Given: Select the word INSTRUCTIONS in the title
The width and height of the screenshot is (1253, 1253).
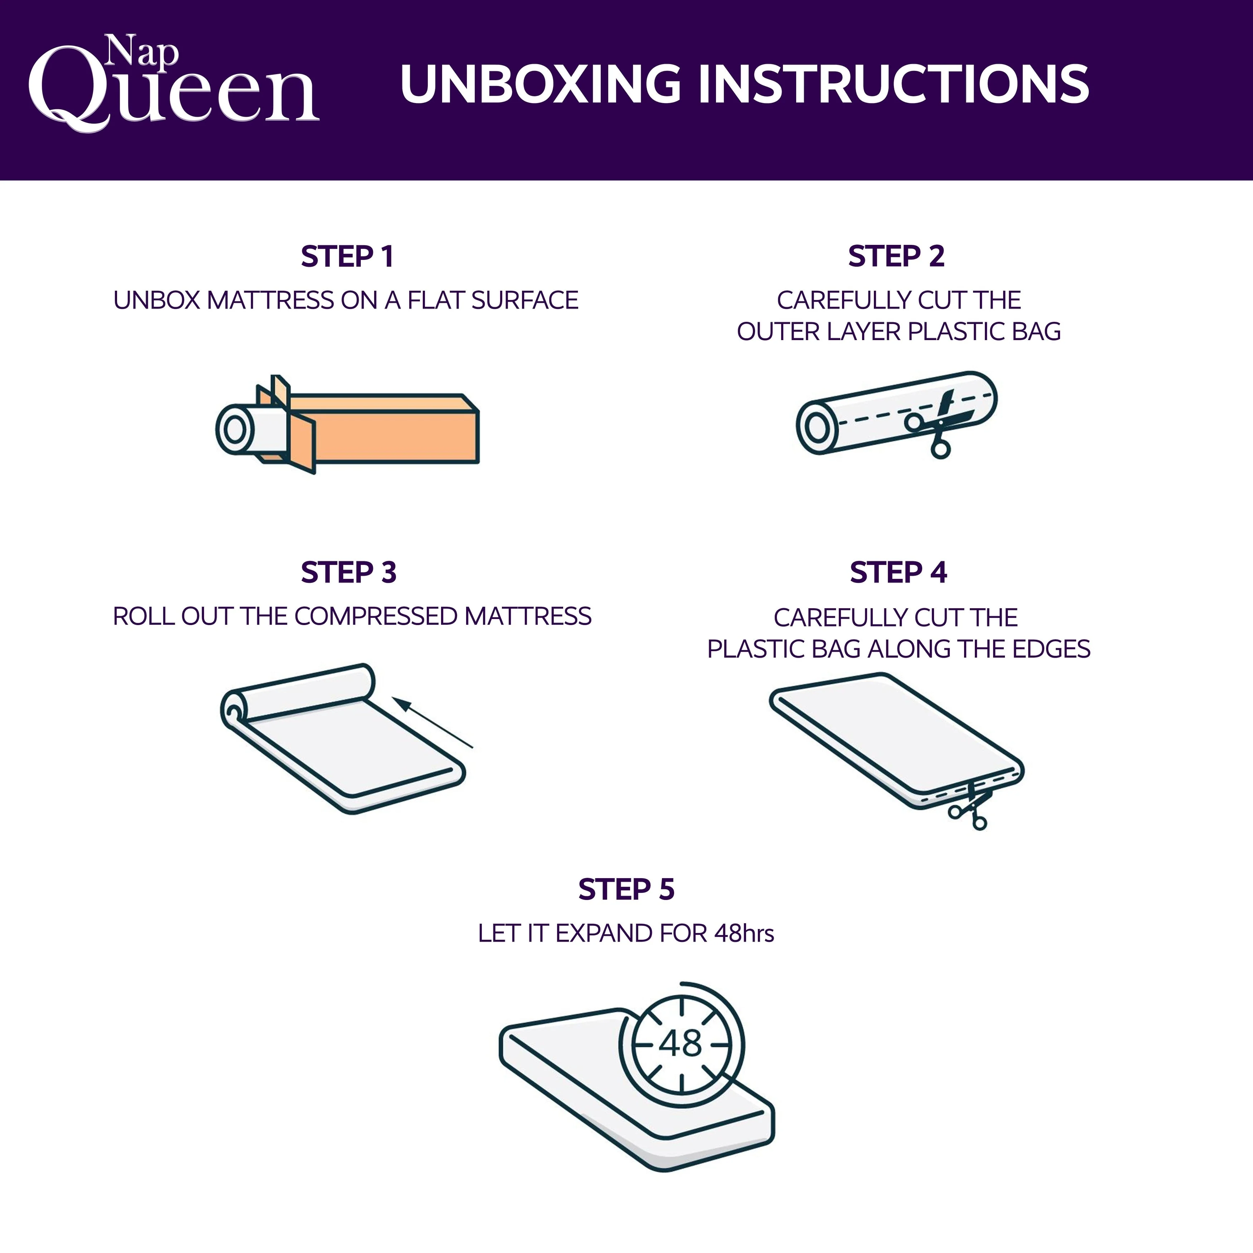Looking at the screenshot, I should pyautogui.click(x=893, y=84).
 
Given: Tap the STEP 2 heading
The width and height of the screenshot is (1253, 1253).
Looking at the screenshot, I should pyautogui.click(x=896, y=257).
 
